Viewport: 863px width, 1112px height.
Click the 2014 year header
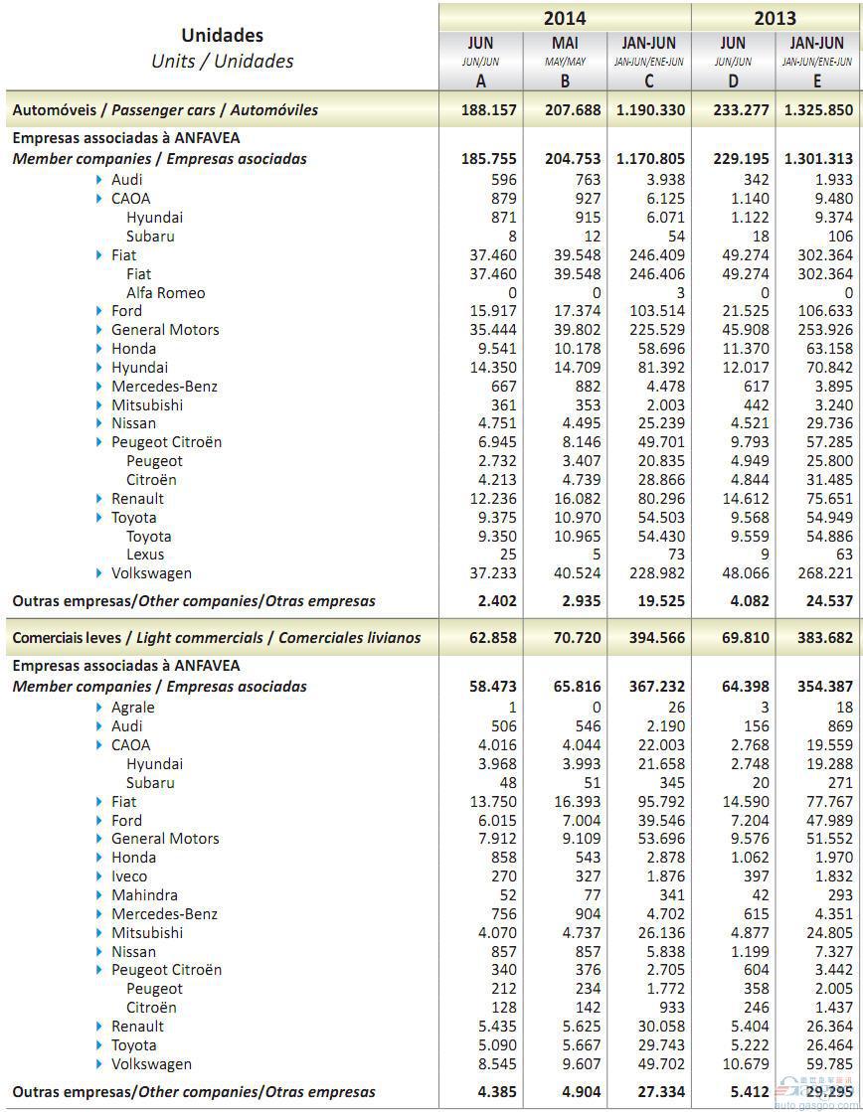click(564, 18)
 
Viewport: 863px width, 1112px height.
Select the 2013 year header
click(775, 18)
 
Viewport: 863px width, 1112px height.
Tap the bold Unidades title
click(222, 36)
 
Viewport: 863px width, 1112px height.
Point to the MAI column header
click(564, 44)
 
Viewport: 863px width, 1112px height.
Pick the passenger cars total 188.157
click(489, 109)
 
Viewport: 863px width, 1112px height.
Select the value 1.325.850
click(818, 109)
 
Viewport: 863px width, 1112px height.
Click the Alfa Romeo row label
click(165, 292)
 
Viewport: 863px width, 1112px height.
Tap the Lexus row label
click(145, 555)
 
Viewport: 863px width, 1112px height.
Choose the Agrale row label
click(132, 707)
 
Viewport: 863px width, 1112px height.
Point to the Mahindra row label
click(144, 894)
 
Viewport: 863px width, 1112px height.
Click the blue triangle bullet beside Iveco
click(100, 876)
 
